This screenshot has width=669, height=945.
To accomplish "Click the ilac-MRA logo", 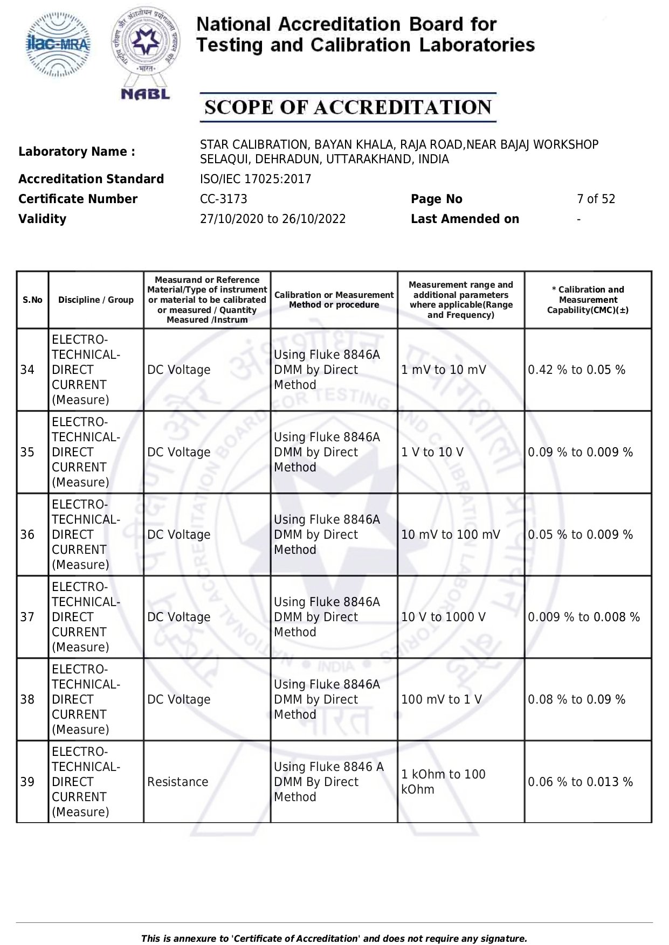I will click(x=59, y=45).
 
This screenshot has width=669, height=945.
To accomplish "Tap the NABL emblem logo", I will click(x=146, y=53).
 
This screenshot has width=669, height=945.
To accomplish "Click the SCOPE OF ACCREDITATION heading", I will click(x=348, y=107).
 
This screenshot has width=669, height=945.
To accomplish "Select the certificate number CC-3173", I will click(x=223, y=199).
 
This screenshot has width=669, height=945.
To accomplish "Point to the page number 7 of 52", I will click(x=596, y=199).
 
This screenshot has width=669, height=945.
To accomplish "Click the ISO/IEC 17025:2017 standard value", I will click(x=256, y=179).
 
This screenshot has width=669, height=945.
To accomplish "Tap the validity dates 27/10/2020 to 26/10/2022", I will click(x=273, y=219).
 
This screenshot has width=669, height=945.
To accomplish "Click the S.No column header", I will click(x=32, y=300).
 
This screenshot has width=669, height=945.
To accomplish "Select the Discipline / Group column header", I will click(x=96, y=300).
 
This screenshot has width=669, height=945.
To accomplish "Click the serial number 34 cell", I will click(x=27, y=370).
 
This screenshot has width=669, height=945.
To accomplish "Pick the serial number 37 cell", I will click(x=27, y=617).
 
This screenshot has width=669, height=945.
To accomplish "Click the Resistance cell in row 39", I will click(x=177, y=782).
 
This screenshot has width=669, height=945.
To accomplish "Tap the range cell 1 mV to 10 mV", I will click(x=444, y=370).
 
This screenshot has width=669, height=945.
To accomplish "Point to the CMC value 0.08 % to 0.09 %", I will click(x=576, y=699).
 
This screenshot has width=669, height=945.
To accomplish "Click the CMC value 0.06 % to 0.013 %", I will click(x=580, y=782).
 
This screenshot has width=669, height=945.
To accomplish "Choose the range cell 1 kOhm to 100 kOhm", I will click(x=443, y=782).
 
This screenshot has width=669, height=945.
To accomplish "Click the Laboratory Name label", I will click(x=77, y=152).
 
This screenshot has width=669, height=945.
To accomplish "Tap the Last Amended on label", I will click(x=465, y=219).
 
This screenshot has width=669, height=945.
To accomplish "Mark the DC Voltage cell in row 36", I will click(x=179, y=534).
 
